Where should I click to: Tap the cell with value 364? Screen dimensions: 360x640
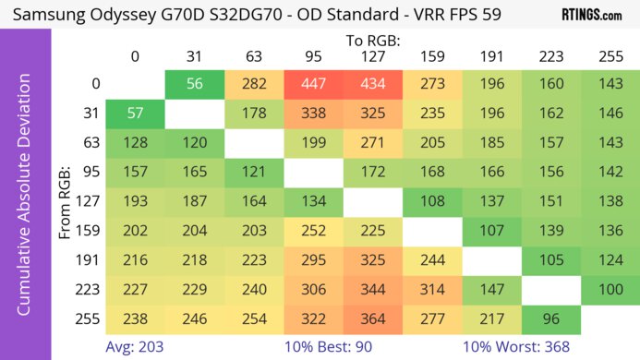pos(372,319)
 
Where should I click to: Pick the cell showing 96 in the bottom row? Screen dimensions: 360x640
pos(550,319)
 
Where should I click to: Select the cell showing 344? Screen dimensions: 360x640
pos(372,290)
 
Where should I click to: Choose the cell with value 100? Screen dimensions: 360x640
pos(610,290)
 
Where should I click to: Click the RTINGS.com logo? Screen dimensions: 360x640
pos(591,16)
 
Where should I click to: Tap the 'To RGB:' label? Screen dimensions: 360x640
pos(372,40)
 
